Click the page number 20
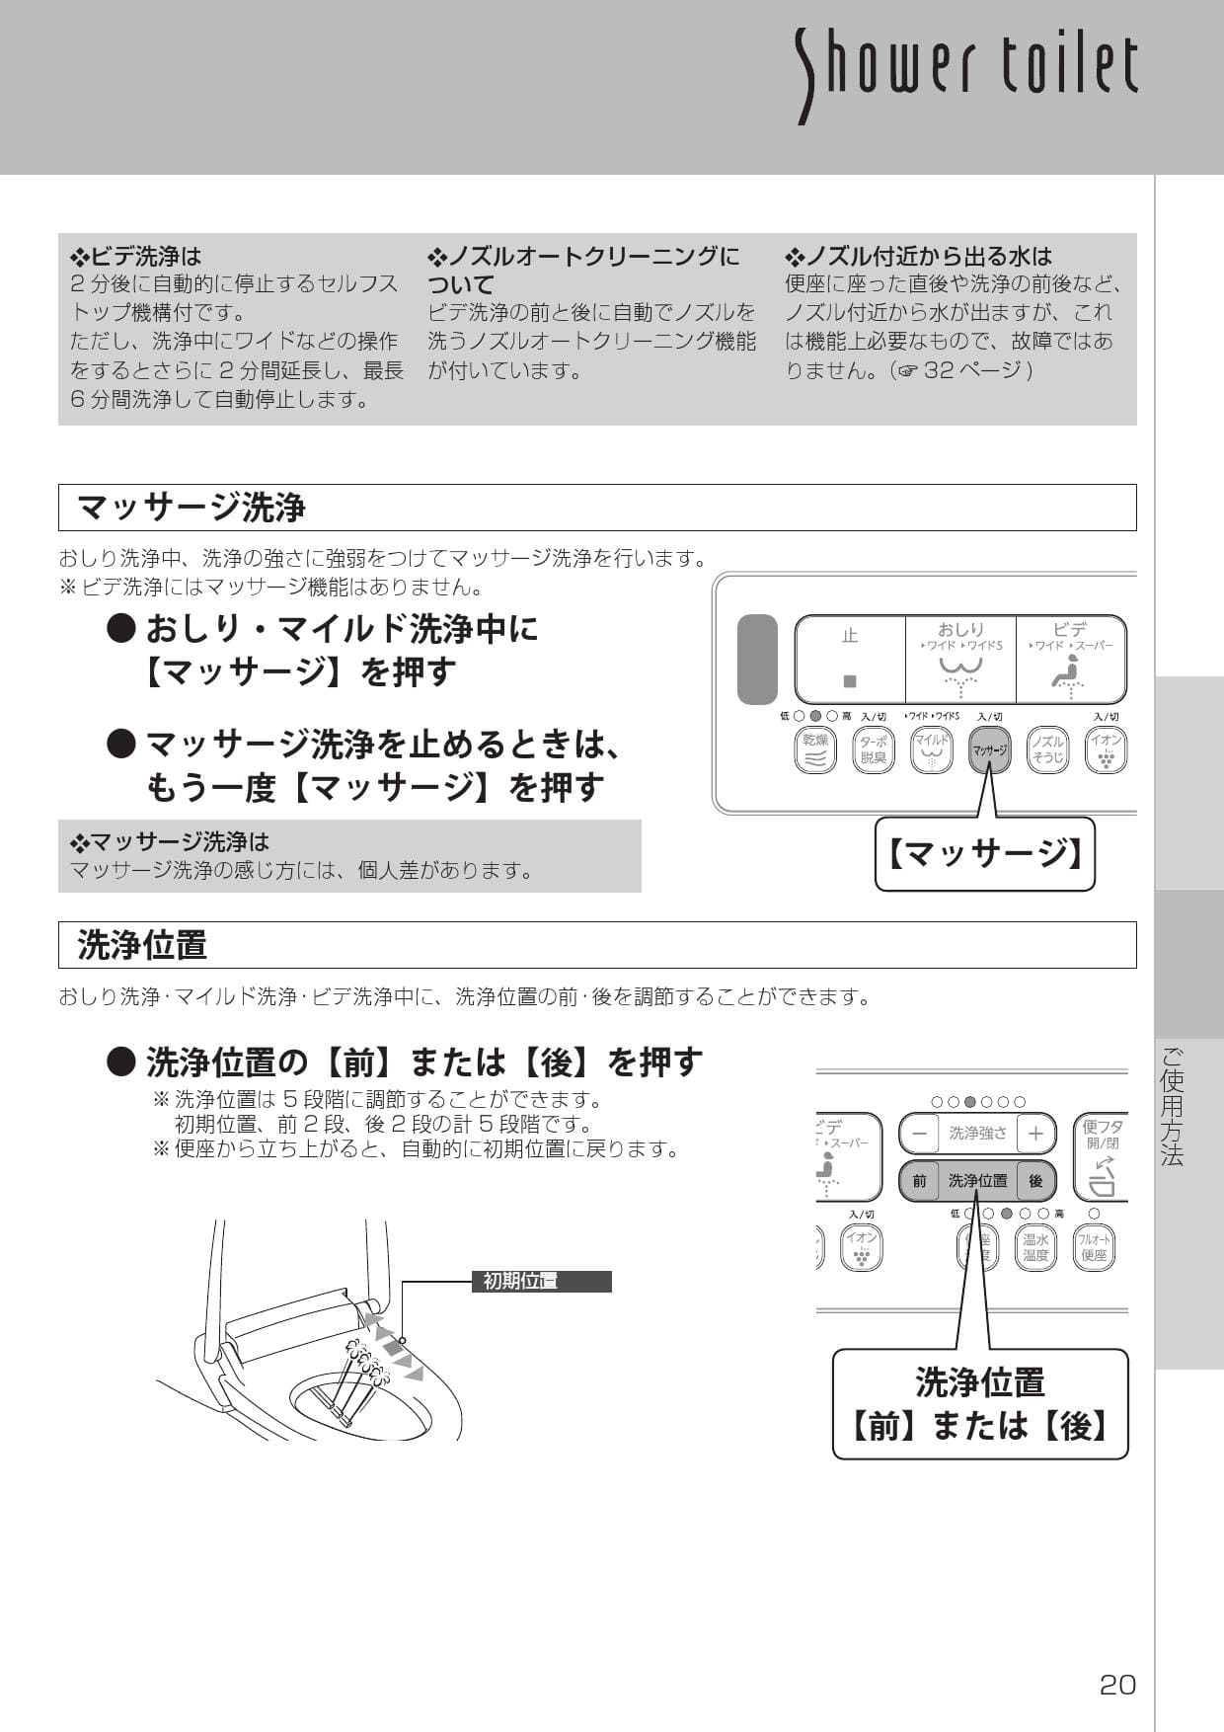pos(1117,1685)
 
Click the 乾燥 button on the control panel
pos(815,750)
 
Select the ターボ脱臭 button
pos(873,750)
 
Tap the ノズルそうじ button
pos(1047,750)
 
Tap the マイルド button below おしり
pos(931,750)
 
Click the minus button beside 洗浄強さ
pos(919,1134)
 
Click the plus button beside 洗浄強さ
pos(1035,1134)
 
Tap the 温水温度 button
pos(1035,1248)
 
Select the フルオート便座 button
pos(1094,1248)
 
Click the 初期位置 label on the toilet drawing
pos(521,1282)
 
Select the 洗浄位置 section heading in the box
pos(142,945)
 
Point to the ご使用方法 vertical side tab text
pos(1172,1106)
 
